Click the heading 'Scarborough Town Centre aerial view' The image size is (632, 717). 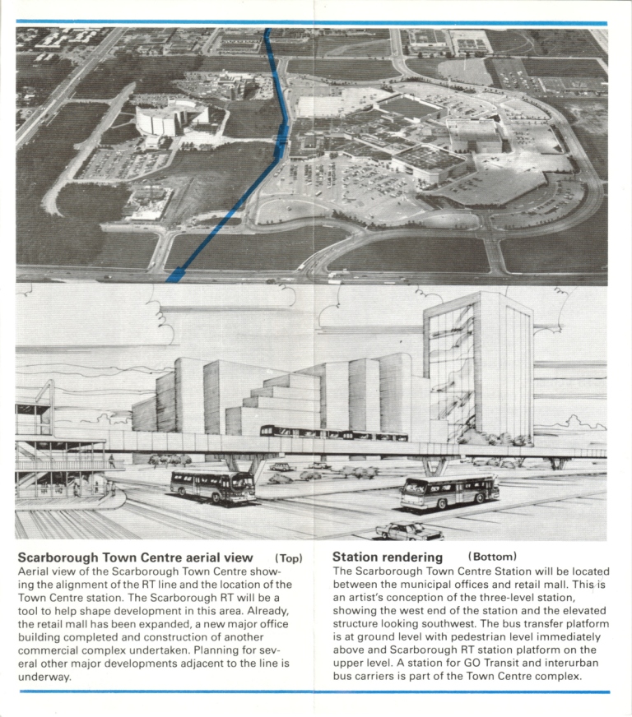point(135,558)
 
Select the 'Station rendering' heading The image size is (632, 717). point(388,558)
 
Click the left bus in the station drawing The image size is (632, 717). point(212,486)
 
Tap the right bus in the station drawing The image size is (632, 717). point(449,491)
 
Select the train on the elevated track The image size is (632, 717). point(333,433)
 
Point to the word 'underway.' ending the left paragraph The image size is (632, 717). point(44,677)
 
